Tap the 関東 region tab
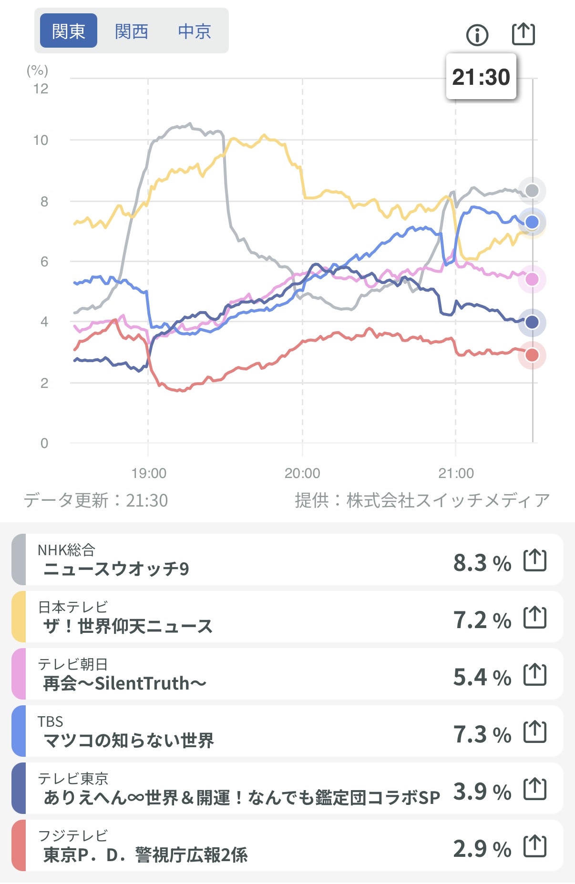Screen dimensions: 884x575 [x=68, y=31]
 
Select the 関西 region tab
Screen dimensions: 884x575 [x=132, y=31]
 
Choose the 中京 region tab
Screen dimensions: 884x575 [x=194, y=31]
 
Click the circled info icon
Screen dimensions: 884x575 [x=477, y=35]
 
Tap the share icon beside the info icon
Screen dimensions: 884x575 [x=523, y=34]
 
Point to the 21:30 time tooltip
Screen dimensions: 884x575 [x=481, y=77]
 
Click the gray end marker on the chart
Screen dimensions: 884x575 [x=532, y=191]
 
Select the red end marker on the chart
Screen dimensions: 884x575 [x=532, y=355]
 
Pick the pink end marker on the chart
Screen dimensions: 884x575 [x=532, y=279]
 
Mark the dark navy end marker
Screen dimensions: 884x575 [x=532, y=322]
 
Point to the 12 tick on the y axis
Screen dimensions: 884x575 [x=41, y=89]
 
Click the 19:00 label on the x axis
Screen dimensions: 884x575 [x=149, y=473]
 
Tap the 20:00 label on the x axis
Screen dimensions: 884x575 [x=302, y=473]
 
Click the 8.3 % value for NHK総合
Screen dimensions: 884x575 [x=482, y=563]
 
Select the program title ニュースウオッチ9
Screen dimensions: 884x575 [x=116, y=569]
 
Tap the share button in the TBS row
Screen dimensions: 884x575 [x=535, y=732]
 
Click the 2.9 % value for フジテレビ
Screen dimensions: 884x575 [x=482, y=849]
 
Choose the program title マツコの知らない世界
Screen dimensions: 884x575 [x=129, y=741]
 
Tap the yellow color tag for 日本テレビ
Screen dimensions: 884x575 [x=19, y=617]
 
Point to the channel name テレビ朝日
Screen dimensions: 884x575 [x=73, y=664]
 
